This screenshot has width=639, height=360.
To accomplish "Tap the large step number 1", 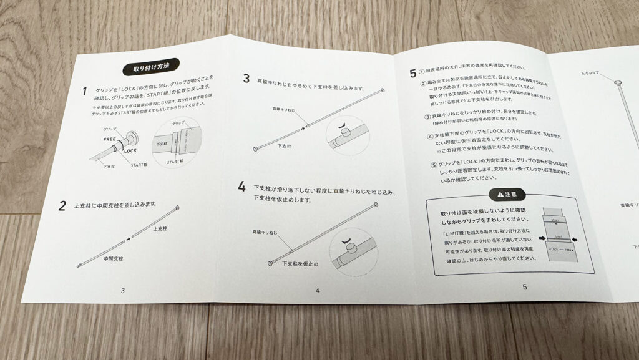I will pos(85,92).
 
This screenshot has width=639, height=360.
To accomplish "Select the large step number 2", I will pos(62,206).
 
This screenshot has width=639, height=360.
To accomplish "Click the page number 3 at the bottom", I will pos(123,290).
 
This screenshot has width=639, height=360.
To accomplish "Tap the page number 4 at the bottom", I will pos(318,290).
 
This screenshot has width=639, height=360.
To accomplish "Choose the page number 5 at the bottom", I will pos(524,287).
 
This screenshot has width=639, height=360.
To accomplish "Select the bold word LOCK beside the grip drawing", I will pos(130,152).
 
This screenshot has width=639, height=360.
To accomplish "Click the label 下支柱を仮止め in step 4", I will pos(300,264).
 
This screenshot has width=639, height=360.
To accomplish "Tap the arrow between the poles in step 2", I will pos(129,238).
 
